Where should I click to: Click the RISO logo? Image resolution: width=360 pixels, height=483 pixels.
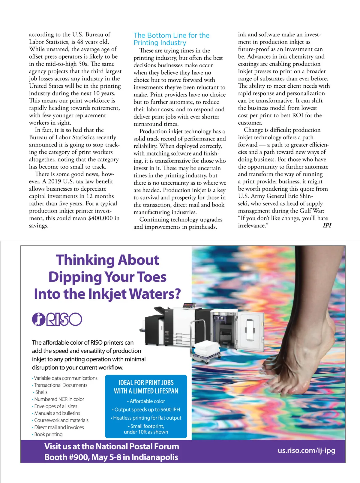57,319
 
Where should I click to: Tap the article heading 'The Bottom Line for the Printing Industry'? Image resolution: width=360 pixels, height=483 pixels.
171,39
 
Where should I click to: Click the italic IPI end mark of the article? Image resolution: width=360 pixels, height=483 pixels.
327,225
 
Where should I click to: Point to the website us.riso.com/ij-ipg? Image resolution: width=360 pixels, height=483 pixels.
306,450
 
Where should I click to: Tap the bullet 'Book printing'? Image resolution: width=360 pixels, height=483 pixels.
48,434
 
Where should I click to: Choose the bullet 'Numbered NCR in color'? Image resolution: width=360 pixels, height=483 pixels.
59,399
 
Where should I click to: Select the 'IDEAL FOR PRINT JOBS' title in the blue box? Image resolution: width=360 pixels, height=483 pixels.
146,383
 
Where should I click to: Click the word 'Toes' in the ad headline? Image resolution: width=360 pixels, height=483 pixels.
152,277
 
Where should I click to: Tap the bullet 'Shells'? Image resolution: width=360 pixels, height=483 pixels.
41,392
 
